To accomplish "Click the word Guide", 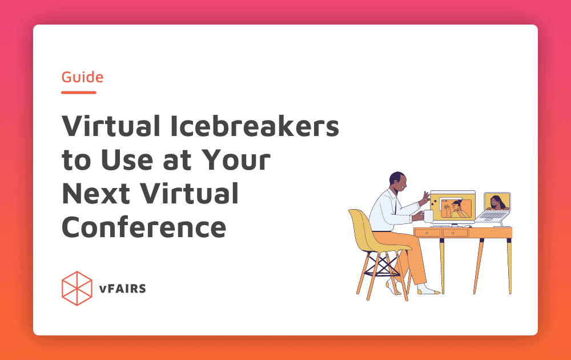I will click(x=82, y=77).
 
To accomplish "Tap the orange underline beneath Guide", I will click(x=79, y=92).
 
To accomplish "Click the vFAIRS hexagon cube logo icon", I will click(x=77, y=289).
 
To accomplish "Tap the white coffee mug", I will click(x=428, y=215).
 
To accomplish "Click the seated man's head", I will click(x=398, y=181).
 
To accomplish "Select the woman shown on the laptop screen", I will click(x=496, y=202).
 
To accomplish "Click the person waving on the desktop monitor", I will click(x=456, y=208).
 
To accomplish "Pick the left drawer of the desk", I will click(x=428, y=233).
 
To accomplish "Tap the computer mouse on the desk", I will click(x=468, y=226).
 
